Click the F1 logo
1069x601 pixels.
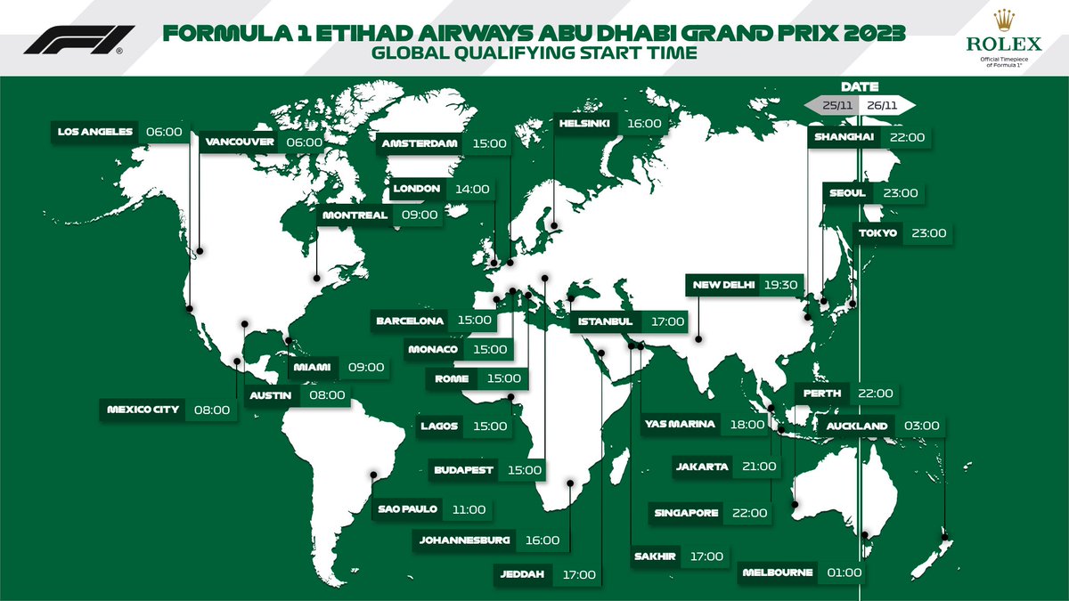(x=78, y=40)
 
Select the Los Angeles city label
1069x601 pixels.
(x=94, y=132)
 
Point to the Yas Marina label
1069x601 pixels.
(x=680, y=425)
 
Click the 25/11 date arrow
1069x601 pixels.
(x=833, y=105)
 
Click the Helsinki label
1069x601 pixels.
(x=584, y=125)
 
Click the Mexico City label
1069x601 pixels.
(x=143, y=410)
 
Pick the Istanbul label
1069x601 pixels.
(x=605, y=321)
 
